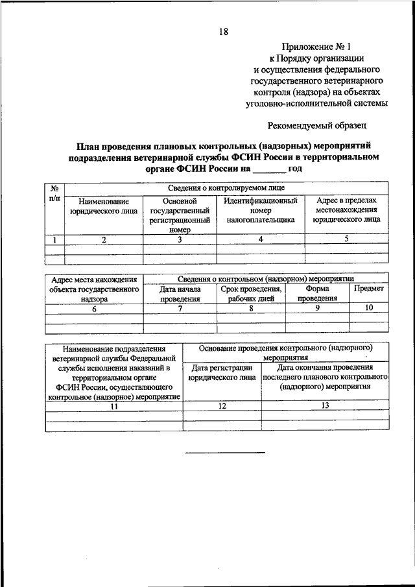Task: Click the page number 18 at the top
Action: [222, 31]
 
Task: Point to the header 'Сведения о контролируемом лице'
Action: [226, 188]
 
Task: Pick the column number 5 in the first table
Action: [346, 239]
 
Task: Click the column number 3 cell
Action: [179, 239]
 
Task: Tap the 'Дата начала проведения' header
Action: [180, 293]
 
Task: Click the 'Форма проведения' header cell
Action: [317, 293]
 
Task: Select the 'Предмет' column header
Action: [369, 288]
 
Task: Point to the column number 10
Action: [369, 308]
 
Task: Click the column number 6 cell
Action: [94, 309]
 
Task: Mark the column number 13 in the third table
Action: [325, 405]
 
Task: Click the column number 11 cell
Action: [114, 406]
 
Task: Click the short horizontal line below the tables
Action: [225, 451]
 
